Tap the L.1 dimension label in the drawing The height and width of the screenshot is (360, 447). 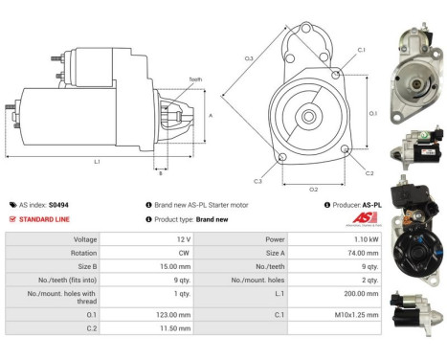[97, 162]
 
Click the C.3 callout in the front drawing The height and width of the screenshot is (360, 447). [257, 180]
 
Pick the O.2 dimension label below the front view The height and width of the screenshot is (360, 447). [313, 189]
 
